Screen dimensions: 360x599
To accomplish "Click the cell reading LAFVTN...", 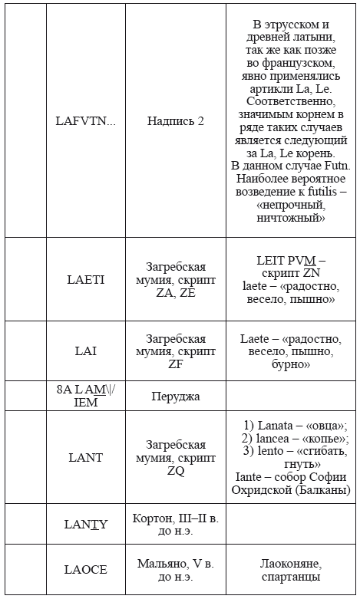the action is (x=85, y=121).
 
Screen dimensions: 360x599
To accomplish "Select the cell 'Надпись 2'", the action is (x=176, y=121).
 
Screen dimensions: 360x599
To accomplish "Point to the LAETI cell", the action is (x=86, y=279).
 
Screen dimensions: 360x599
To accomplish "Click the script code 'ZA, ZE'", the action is (x=176, y=292).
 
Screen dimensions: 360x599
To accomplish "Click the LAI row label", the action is (x=86, y=351).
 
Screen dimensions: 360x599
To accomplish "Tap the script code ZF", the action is (x=176, y=365).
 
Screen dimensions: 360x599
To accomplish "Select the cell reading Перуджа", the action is (x=176, y=396).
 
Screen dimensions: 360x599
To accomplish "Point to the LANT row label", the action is (x=86, y=458).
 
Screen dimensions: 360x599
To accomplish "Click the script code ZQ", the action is (x=176, y=471).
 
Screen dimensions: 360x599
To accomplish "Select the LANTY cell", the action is (x=86, y=525).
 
